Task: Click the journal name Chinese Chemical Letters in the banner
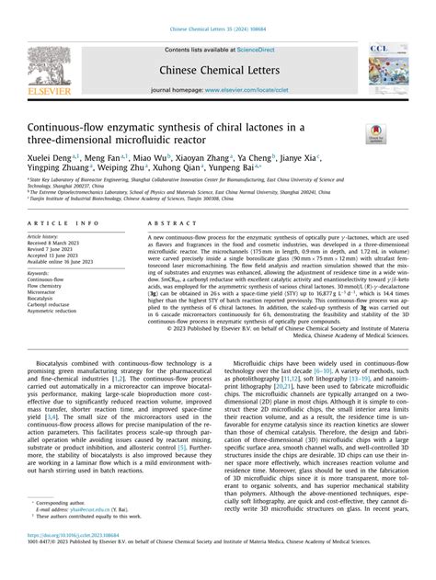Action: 218,68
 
